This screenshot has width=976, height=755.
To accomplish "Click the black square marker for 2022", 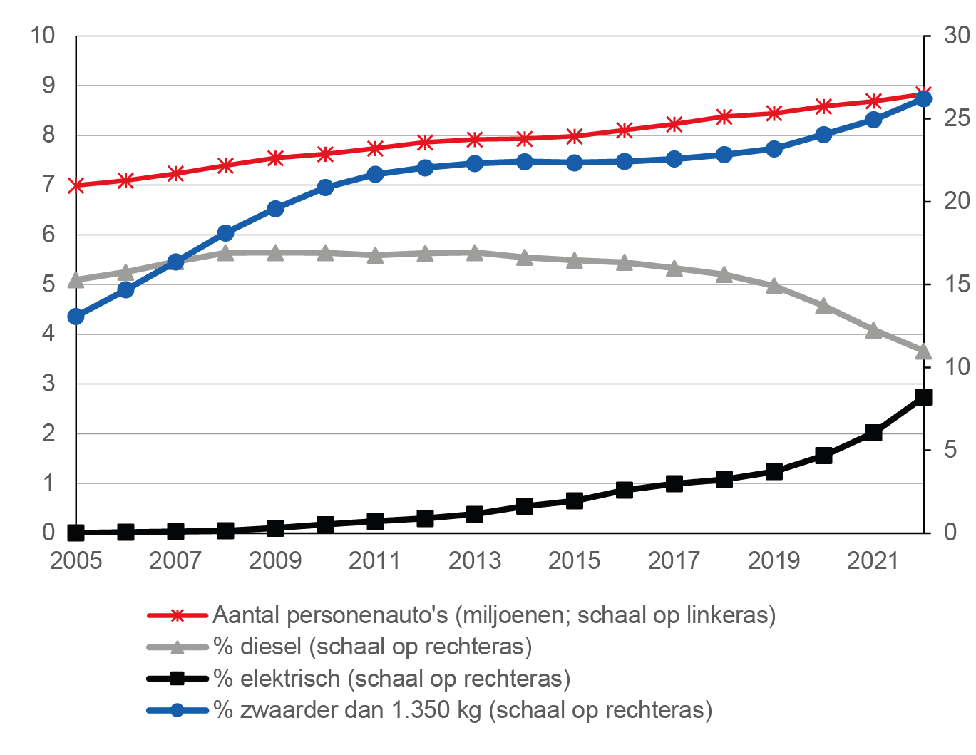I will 923,397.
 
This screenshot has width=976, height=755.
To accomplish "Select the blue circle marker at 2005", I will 76,317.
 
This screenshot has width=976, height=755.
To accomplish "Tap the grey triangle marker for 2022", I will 923,351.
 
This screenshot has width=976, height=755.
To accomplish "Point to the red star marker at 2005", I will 76,185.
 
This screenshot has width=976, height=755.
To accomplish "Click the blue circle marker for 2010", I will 325,188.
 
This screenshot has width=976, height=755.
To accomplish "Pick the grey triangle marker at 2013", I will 475,252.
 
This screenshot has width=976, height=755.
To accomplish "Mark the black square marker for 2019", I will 774,471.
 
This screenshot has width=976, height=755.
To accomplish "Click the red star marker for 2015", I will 575,136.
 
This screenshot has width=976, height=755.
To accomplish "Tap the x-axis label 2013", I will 475,561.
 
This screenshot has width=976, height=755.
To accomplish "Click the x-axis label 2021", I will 873,561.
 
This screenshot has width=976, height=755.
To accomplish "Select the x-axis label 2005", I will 76,561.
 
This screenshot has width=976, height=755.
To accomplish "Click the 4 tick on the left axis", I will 48,333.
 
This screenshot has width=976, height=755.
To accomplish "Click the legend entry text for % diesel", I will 372,647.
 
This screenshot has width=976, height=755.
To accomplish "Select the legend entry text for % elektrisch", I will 391,678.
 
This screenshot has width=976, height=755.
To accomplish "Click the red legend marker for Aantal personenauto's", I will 178,615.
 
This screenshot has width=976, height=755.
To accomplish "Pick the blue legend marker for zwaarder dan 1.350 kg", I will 178,710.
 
